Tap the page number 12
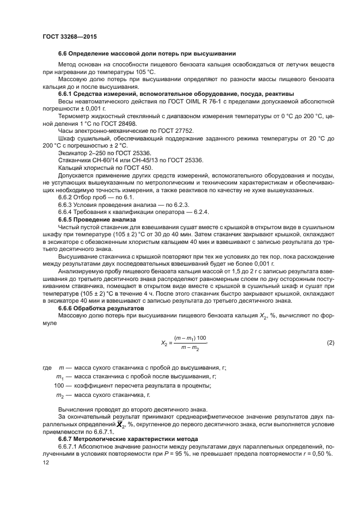click(46, 462)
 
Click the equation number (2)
click(330, 342)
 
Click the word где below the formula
click(47, 367)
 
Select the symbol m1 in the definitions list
click(60, 377)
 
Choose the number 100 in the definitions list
click(59, 386)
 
